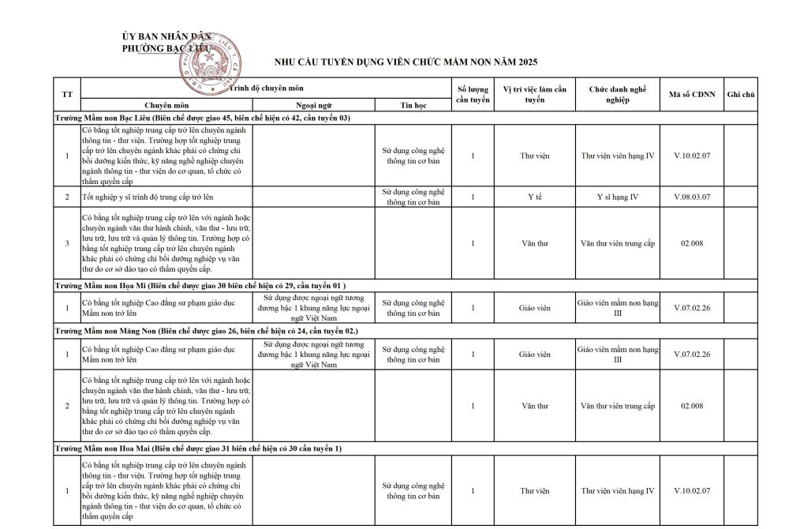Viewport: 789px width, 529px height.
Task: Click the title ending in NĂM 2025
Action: (x=406, y=62)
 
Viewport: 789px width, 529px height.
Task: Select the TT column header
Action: (x=67, y=95)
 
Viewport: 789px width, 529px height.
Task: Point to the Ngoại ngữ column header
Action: (x=313, y=104)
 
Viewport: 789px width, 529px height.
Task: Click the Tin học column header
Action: (x=413, y=104)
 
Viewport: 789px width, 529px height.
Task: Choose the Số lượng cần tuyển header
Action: (x=473, y=95)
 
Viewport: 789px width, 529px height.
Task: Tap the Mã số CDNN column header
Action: (x=692, y=95)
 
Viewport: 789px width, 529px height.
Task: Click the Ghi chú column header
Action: (x=741, y=95)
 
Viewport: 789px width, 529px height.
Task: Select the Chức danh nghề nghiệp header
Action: (x=618, y=95)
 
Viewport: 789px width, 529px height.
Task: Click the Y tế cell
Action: (x=534, y=197)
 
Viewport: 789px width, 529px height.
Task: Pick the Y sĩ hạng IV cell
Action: (x=618, y=197)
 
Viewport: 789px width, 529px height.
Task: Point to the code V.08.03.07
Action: (x=692, y=197)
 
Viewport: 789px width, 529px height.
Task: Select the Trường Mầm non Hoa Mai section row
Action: (x=197, y=448)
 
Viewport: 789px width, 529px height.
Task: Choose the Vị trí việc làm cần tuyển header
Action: (x=534, y=95)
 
